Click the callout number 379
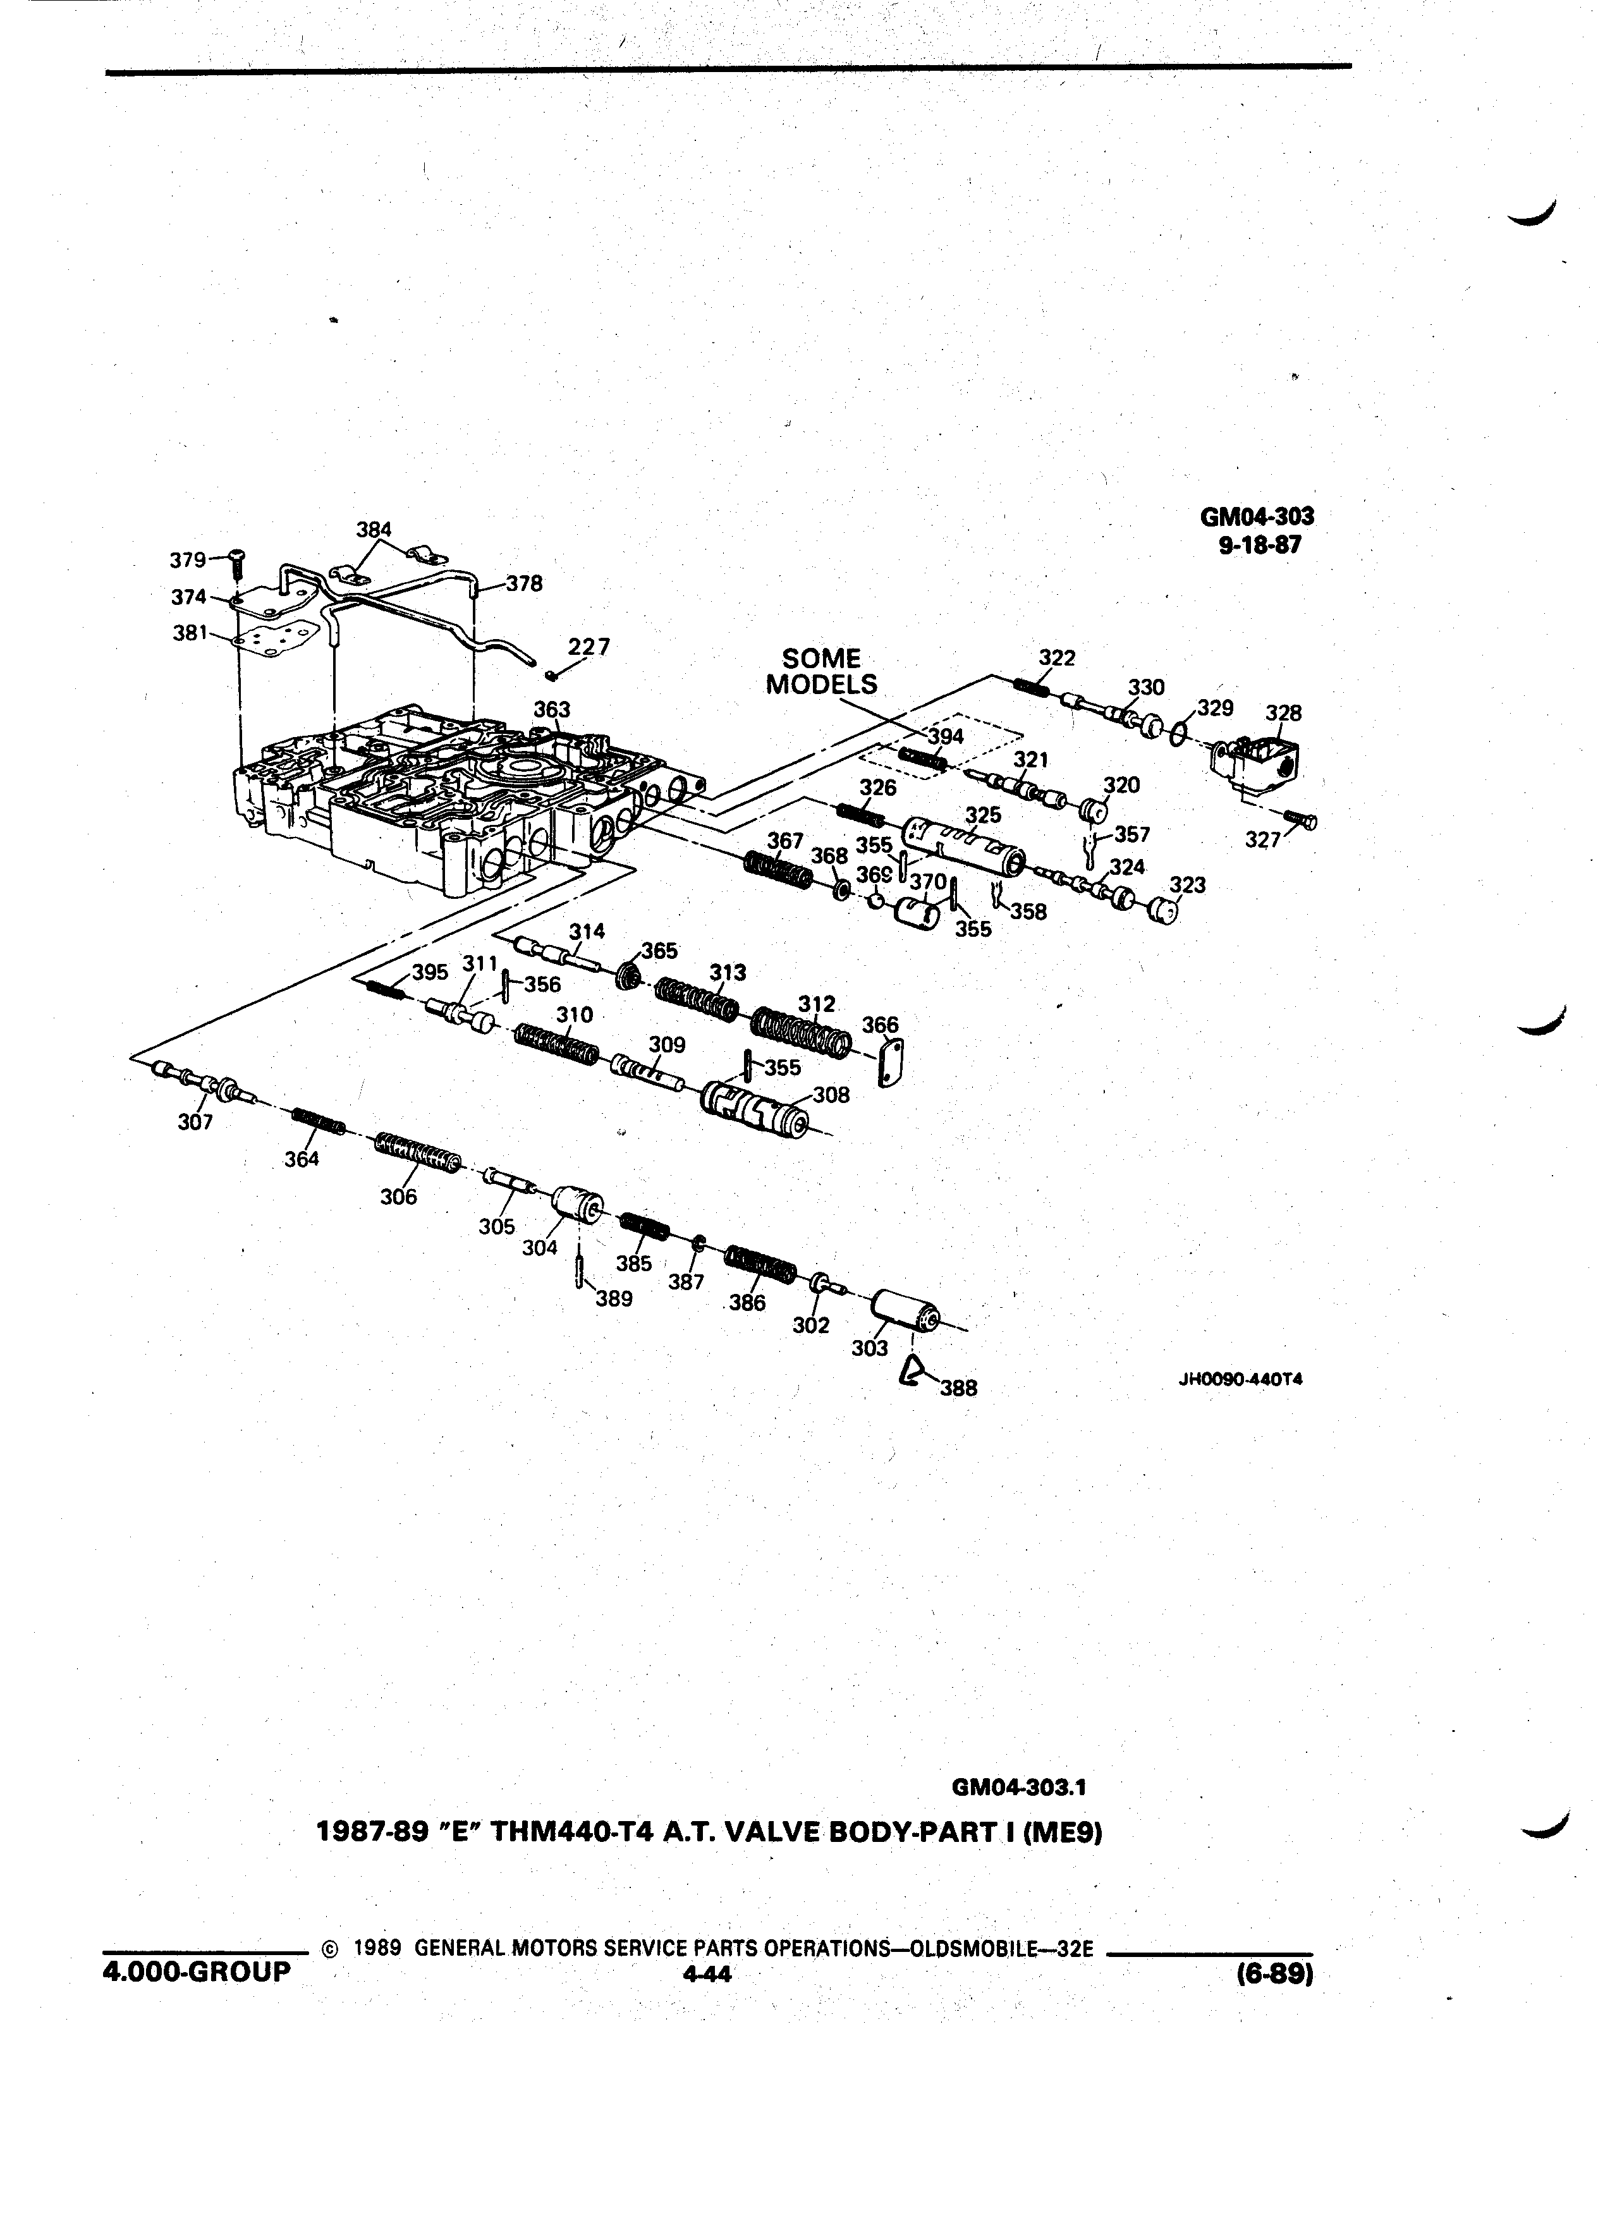click(x=187, y=559)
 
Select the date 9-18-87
click(x=1260, y=546)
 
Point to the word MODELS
click(x=821, y=684)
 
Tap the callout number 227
click(x=589, y=647)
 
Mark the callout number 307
click(x=195, y=1123)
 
